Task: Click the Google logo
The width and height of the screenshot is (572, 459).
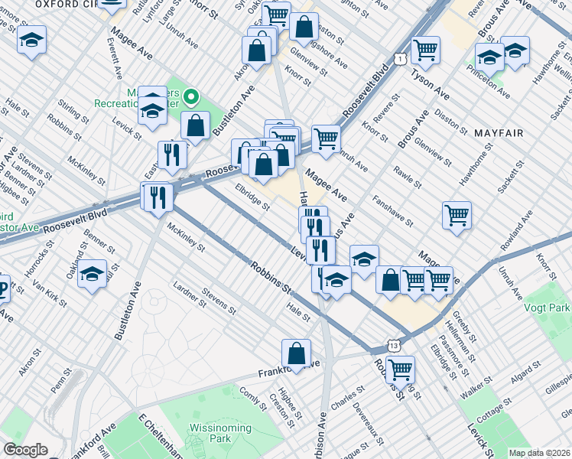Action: coord(25,450)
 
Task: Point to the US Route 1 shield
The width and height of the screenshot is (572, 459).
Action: coord(400,59)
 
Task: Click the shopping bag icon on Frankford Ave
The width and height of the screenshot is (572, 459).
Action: coord(296,354)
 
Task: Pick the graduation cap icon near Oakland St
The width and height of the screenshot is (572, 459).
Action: coord(93,274)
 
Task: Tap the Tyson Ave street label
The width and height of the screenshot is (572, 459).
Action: coord(430,83)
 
